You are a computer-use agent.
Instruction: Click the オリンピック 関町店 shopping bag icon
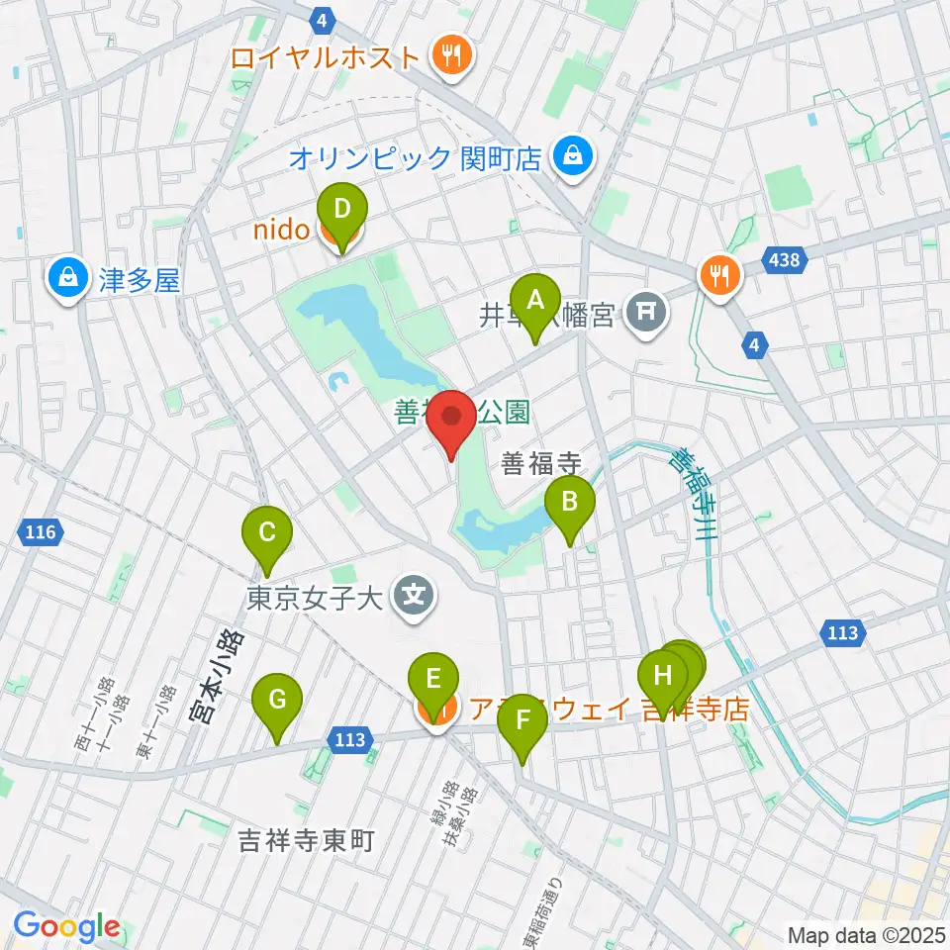point(572,156)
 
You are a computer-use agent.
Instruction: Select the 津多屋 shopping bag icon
point(67,281)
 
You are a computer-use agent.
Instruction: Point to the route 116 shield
point(41,533)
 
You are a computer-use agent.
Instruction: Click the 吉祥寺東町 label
point(307,841)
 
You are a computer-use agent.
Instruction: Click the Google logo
point(65,927)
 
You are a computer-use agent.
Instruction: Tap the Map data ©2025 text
point(866,934)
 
